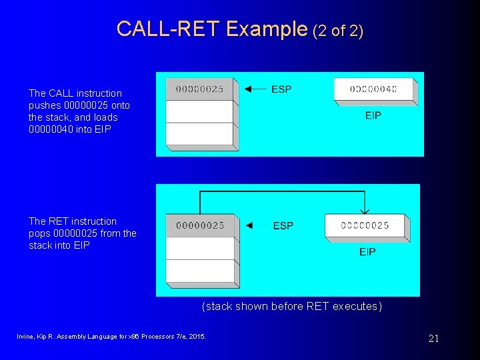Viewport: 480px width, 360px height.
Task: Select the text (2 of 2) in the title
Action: [337, 30]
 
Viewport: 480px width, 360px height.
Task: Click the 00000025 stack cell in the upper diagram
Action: [199, 89]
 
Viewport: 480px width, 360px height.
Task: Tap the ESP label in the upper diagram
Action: [281, 89]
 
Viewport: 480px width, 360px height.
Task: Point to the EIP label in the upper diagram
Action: [373, 115]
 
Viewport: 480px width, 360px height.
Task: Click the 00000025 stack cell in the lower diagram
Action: [200, 225]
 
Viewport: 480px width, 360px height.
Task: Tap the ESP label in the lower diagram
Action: [283, 225]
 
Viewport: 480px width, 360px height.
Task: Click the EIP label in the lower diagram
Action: [367, 251]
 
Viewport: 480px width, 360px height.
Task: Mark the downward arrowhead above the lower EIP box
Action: [365, 208]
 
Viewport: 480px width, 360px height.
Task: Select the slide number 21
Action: [433, 339]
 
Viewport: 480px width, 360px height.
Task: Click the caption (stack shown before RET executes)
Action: [292, 307]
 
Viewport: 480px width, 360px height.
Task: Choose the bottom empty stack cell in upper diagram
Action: [199, 134]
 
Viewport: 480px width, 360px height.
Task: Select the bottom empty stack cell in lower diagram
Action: [200, 271]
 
